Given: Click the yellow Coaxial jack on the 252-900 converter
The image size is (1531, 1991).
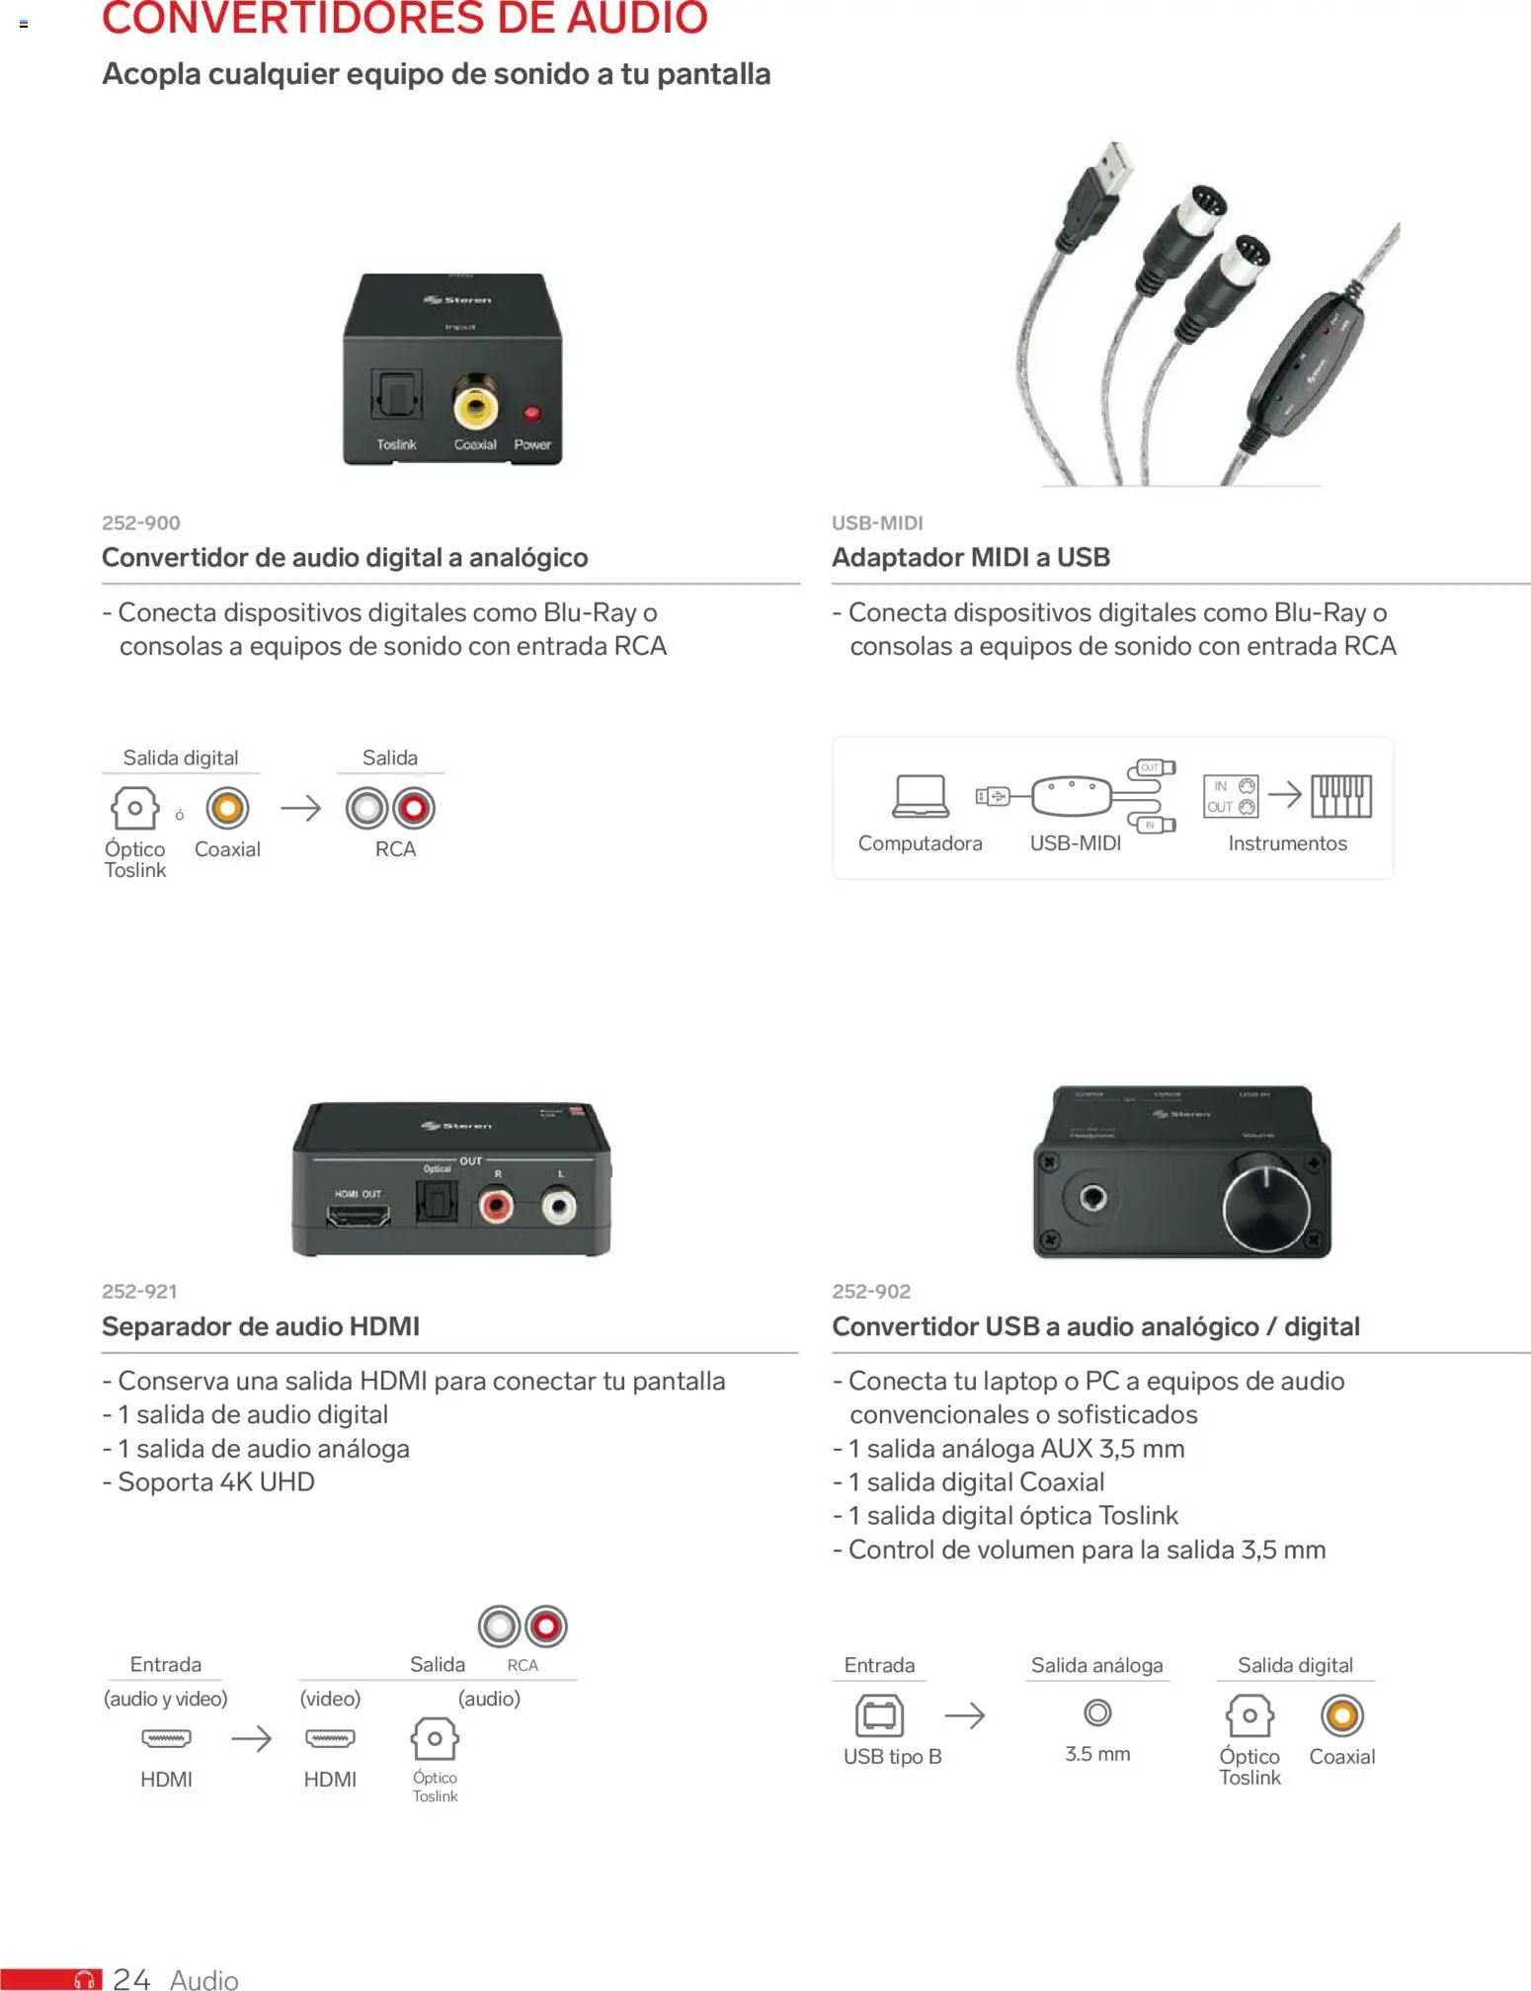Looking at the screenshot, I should click(x=475, y=405).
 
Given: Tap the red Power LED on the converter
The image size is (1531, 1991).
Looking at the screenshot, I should click(x=531, y=413).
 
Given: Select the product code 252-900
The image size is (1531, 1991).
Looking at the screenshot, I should click(x=141, y=522).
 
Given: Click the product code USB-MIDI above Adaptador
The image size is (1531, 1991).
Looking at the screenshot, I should click(x=877, y=522).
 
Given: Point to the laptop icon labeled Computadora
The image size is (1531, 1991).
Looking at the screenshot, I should click(x=921, y=796).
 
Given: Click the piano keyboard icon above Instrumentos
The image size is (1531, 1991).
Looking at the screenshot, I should click(x=1340, y=796).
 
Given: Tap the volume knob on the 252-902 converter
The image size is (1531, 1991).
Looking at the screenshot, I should click(x=1266, y=1207).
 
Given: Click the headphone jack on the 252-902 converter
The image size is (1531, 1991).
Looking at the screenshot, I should click(x=1092, y=1199).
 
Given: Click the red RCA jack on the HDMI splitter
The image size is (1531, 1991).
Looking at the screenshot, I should click(x=496, y=1205).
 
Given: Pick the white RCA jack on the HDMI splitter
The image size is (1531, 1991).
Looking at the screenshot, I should click(x=559, y=1205).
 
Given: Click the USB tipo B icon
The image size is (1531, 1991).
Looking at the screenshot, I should click(x=879, y=1715).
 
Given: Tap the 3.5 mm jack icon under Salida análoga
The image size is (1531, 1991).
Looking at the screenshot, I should click(x=1097, y=1712).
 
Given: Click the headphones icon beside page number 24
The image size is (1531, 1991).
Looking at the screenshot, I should click(x=86, y=1979).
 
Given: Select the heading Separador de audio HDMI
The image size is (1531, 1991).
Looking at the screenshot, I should click(x=261, y=1326).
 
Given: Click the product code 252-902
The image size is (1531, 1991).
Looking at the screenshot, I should click(x=871, y=1291).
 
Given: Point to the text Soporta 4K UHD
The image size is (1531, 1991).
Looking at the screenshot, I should click(x=215, y=1481).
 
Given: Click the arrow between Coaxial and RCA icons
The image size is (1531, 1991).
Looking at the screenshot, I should click(x=301, y=808).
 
